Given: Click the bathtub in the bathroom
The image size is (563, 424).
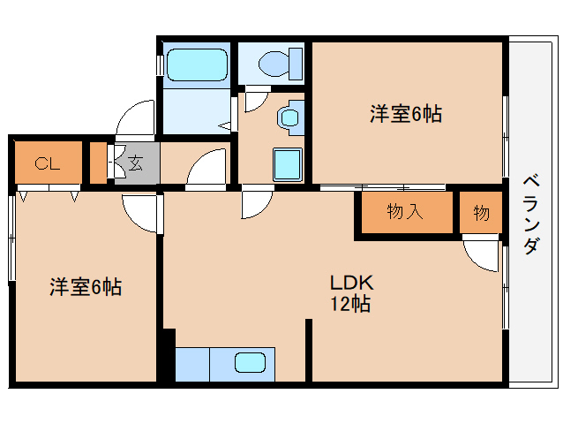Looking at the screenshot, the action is pos(197,64).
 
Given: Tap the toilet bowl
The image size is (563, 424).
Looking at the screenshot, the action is pos(274,64).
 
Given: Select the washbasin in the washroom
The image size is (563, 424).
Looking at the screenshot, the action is pos(289,117).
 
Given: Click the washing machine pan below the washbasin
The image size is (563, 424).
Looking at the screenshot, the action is pos(288,164).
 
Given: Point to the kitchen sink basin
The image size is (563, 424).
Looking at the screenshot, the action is pos(251,362).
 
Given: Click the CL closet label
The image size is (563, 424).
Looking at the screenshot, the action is pos(47,163).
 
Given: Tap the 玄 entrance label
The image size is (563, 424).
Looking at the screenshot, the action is pos(135,163).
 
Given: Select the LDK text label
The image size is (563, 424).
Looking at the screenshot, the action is pos(352,283).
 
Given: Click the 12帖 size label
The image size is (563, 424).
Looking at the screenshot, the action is pos(350,304).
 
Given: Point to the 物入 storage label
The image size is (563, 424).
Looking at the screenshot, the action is pos(405,212).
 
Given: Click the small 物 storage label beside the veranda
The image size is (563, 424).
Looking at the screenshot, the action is pos(481,213).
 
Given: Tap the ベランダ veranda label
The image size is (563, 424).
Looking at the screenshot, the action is pos(531,215).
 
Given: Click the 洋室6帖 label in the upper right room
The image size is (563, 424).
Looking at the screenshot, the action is pos(406,114).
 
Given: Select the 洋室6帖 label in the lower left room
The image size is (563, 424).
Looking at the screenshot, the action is pos(86,287).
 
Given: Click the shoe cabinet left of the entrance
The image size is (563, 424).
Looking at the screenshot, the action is pos(98,163).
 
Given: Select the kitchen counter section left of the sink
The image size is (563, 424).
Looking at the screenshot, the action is pos(192,364).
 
